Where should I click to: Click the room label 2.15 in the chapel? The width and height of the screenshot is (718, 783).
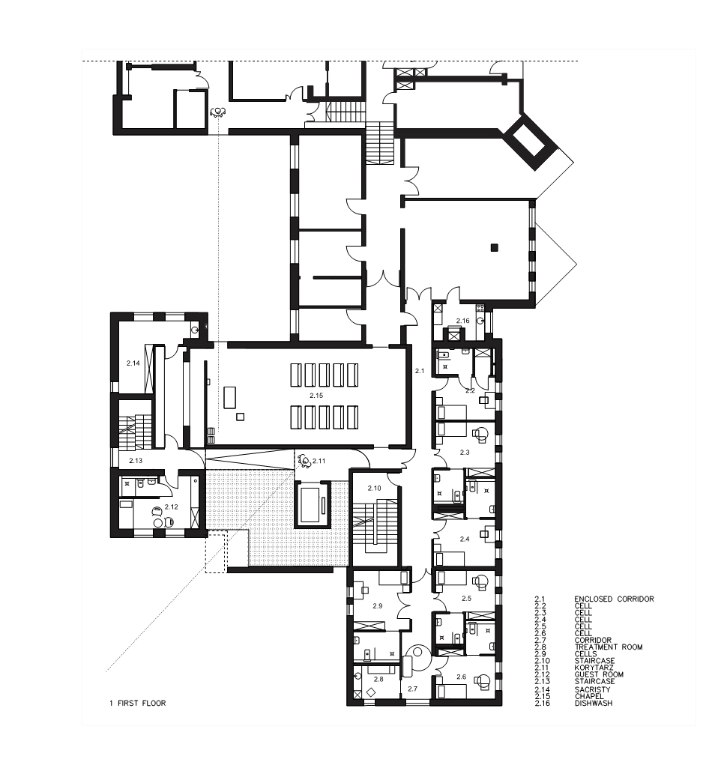[x=316, y=395]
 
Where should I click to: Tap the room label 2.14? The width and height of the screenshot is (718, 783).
[x=133, y=363]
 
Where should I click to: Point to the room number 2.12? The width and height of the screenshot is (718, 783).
[x=172, y=507]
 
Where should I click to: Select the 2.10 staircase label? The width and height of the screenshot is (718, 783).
[x=374, y=488]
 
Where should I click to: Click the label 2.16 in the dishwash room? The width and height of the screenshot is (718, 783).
[x=462, y=321]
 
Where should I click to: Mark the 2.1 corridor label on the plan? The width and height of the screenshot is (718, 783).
[x=419, y=371]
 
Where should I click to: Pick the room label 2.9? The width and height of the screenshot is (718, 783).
[x=377, y=605]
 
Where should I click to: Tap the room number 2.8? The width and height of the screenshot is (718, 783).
[x=378, y=679]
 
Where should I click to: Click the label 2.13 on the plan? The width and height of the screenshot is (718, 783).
[x=136, y=460]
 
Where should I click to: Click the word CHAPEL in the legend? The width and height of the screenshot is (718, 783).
[x=589, y=696]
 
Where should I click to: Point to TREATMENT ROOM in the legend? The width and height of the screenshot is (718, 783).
[x=609, y=647]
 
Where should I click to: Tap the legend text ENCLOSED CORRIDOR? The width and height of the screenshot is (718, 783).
[x=614, y=599]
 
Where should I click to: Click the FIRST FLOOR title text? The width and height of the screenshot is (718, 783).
[x=142, y=703]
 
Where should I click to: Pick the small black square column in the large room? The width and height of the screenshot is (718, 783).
[x=494, y=247]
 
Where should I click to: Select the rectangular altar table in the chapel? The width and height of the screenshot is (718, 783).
[x=230, y=396]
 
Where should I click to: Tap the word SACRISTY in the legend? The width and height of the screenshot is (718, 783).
[x=593, y=689]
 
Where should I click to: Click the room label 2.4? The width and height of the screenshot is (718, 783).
[x=465, y=539]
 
